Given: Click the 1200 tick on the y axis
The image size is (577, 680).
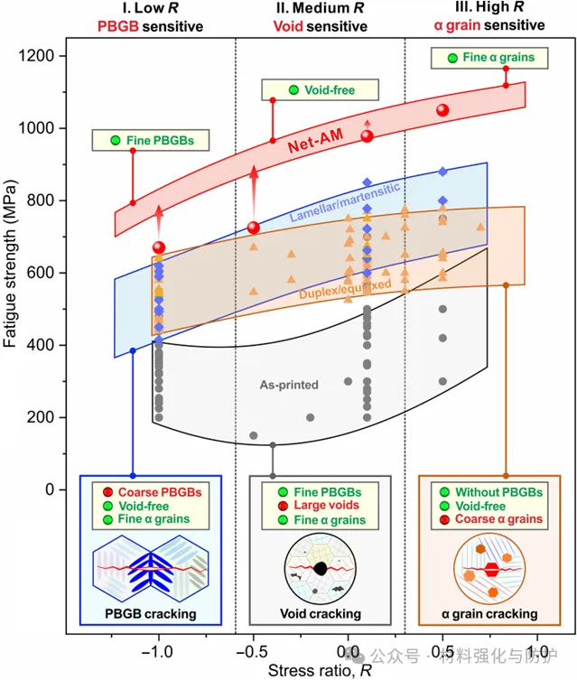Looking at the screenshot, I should coord(43,56).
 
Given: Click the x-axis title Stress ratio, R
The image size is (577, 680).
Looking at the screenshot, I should coord(307,670).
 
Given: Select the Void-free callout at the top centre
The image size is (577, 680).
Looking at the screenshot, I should coord(321,90).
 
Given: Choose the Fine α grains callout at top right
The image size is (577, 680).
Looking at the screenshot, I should coord(489,58).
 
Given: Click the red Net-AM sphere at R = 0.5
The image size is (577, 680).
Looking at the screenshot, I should coord(442,109).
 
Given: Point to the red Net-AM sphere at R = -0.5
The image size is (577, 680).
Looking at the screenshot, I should coord(254,227).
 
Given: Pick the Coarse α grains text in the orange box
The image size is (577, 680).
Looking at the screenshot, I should coord(498,519).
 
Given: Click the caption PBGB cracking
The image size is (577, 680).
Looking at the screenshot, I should coord(151,615).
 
